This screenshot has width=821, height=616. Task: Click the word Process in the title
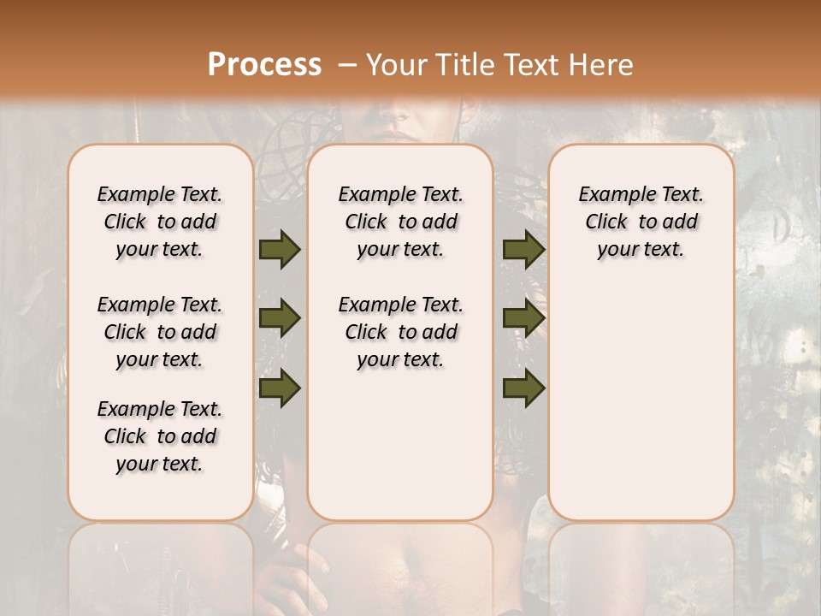264,65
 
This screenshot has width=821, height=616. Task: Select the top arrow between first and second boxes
280,249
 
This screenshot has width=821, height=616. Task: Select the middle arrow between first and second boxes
280,318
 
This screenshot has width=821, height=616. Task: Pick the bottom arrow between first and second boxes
280,388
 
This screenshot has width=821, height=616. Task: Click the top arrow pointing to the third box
523,249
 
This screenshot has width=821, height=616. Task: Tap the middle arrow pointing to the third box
523,318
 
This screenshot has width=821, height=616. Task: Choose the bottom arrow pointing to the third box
523,388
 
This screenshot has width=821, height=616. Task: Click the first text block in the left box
160,222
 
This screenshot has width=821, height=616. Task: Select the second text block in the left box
160,332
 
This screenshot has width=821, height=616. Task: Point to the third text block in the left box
160,436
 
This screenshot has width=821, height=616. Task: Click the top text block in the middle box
400,222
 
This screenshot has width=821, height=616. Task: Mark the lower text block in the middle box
400,332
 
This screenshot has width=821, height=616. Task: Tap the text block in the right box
641,222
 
